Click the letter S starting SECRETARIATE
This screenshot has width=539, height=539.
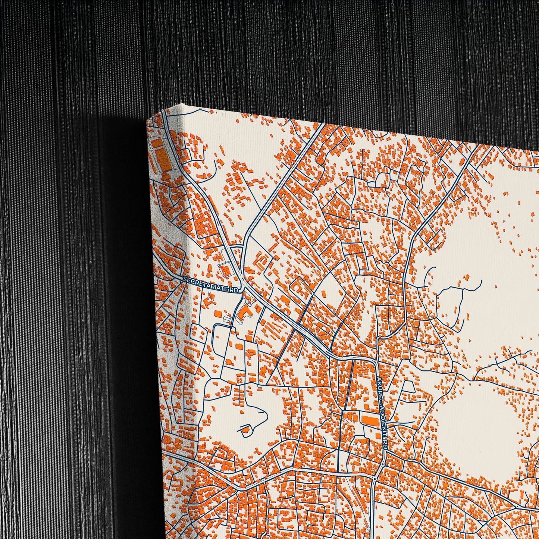pos(184,279)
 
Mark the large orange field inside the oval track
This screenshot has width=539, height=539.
pos(163,160)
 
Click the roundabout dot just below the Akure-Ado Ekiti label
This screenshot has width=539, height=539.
pos(383,464)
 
